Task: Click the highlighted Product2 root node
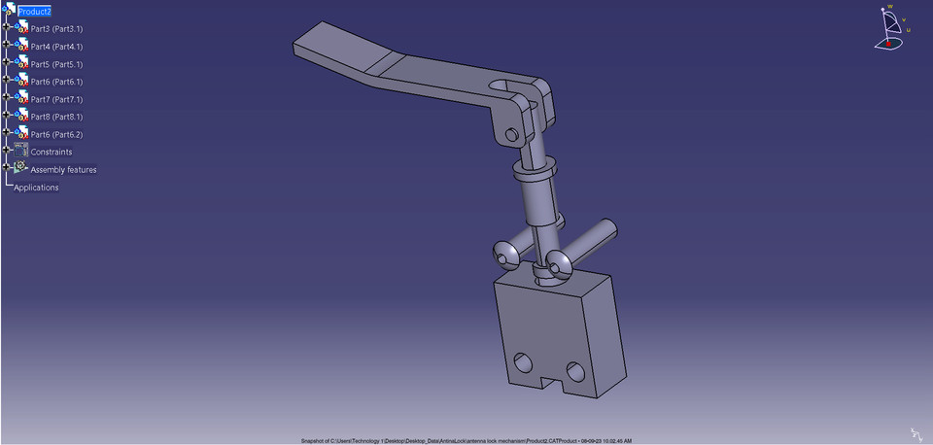click(x=34, y=11)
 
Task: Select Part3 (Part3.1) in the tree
click(x=56, y=29)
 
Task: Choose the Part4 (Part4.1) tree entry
click(x=56, y=47)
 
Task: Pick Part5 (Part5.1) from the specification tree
click(x=56, y=64)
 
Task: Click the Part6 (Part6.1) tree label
click(x=56, y=82)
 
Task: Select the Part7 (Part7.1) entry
click(x=56, y=99)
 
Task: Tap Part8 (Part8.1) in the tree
click(x=56, y=117)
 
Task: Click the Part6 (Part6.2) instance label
click(x=56, y=134)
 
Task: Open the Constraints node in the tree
click(x=51, y=152)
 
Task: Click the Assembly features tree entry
click(x=63, y=170)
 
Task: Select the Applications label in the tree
click(x=36, y=188)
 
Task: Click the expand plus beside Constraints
click(x=6, y=151)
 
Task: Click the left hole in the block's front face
click(x=527, y=361)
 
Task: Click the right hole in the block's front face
click(x=575, y=370)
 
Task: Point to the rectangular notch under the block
click(x=550, y=384)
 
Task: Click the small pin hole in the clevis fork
click(x=512, y=133)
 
